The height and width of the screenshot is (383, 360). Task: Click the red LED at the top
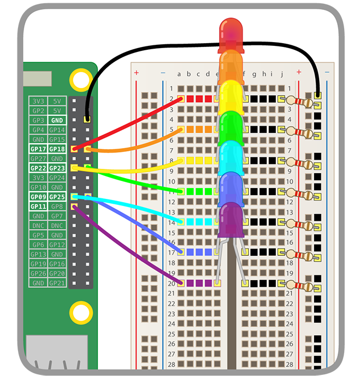pyautogui.click(x=231, y=33)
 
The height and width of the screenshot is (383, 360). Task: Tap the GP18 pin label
pyautogui.click(x=57, y=149)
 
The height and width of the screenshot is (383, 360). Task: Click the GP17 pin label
pyautogui.click(x=38, y=149)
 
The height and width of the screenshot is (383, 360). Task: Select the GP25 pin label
pyautogui.click(x=57, y=197)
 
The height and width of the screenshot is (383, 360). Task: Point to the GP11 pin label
pyautogui.click(x=38, y=207)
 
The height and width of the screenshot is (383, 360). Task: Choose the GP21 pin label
pyautogui.click(x=57, y=283)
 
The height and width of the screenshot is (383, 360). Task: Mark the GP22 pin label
pyautogui.click(x=38, y=168)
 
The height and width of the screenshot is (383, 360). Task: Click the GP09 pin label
pyautogui.click(x=38, y=197)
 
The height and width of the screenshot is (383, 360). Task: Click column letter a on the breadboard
pyautogui.click(x=179, y=74)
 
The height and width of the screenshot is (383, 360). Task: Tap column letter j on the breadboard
pyautogui.click(x=281, y=74)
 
